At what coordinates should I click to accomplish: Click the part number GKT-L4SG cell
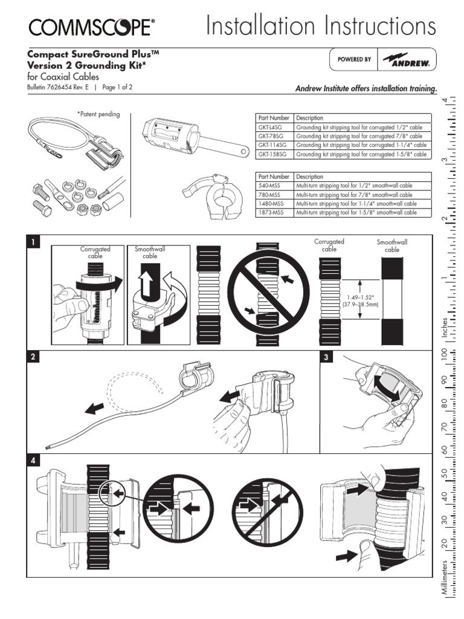pyautogui.click(x=274, y=128)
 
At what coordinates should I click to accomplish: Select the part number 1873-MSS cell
pyautogui.click(x=273, y=213)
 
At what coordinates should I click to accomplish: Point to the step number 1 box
pyautogui.click(x=34, y=243)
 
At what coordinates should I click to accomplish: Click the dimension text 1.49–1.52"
pyautogui.click(x=361, y=297)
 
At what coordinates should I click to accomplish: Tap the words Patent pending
pyautogui.click(x=98, y=114)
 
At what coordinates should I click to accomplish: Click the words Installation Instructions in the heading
pyautogui.click(x=320, y=27)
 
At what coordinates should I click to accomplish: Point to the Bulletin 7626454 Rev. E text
pyautogui.click(x=58, y=87)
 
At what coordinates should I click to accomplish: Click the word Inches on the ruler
pyautogui.click(x=445, y=328)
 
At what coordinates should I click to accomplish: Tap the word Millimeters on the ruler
pyautogui.click(x=445, y=583)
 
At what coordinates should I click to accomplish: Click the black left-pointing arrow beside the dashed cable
pyautogui.click(x=94, y=409)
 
